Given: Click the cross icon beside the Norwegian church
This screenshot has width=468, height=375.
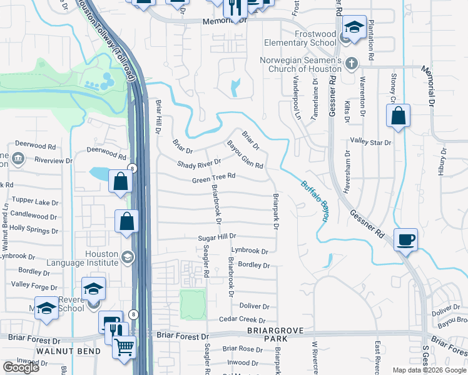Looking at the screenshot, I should (x=352, y=64).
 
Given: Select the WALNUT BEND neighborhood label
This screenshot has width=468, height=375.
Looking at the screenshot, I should (x=59, y=351).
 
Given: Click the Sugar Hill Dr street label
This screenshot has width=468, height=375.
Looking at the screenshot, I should (x=216, y=237).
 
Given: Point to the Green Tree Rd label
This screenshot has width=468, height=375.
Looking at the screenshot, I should (x=213, y=177).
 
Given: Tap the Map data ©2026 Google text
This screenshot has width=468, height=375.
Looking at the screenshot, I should (x=429, y=370).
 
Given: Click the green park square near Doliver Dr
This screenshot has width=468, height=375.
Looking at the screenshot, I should (x=193, y=304).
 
